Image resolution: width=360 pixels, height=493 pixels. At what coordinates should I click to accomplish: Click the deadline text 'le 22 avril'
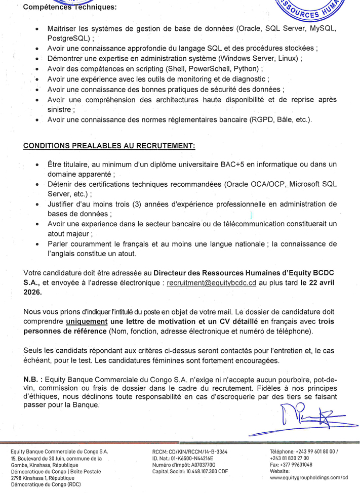pyautogui.click(x=318, y=283)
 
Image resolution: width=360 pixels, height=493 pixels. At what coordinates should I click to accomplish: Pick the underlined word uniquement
pyautogui.click(x=87, y=321)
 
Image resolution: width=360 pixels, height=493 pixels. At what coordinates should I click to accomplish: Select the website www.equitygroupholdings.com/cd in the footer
pyautogui.click(x=309, y=477)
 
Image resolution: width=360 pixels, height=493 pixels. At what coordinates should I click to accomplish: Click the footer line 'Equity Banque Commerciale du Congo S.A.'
pyautogui.click(x=59, y=451)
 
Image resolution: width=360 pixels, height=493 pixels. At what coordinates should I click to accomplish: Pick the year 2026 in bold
pyautogui.click(x=33, y=293)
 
